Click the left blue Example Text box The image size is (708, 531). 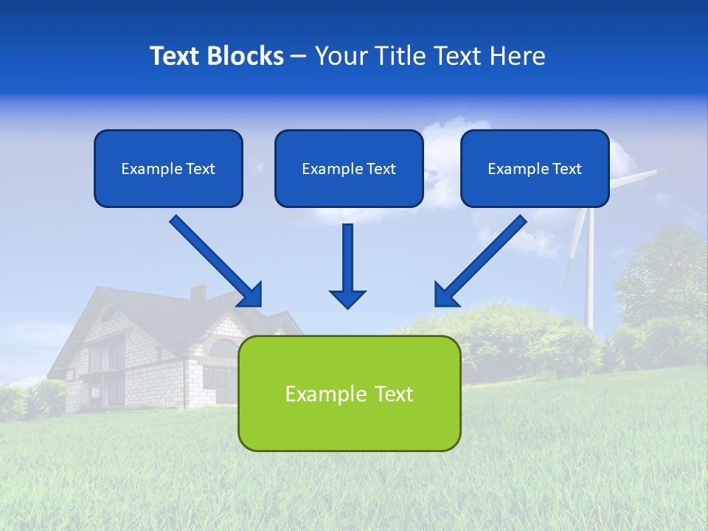tap(168, 169)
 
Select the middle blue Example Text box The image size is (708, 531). tap(349, 169)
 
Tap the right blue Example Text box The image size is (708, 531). tap(535, 169)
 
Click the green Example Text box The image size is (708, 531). tap(349, 394)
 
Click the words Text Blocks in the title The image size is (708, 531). tap(216, 56)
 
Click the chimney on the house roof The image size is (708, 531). tap(198, 293)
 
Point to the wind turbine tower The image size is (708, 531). tap(589, 273)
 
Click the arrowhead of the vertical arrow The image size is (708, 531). tap(347, 298)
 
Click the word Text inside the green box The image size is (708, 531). tap(389, 394)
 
